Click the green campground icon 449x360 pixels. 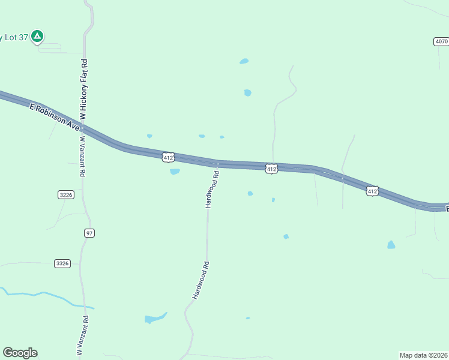pyautogui.click(x=37, y=37)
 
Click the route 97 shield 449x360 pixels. pyautogui.click(x=89, y=233)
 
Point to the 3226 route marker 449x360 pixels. pyautogui.click(x=66, y=194)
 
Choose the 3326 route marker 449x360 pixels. pyautogui.click(x=62, y=263)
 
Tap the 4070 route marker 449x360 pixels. pyautogui.click(x=441, y=41)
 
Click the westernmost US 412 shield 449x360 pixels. pyautogui.click(x=168, y=157)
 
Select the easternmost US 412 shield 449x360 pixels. pyautogui.click(x=372, y=191)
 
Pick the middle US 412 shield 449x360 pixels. pyautogui.click(x=272, y=169)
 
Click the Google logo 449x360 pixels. pyautogui.click(x=20, y=353)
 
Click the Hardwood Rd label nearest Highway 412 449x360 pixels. pyautogui.click(x=211, y=190)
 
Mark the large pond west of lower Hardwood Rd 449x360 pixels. pyautogui.click(x=154, y=319)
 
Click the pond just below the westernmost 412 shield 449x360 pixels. pyautogui.click(x=175, y=172)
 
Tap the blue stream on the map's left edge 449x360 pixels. pyautogui.click(x=36, y=295)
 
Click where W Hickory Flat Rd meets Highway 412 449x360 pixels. pyautogui.click(x=83, y=128)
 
